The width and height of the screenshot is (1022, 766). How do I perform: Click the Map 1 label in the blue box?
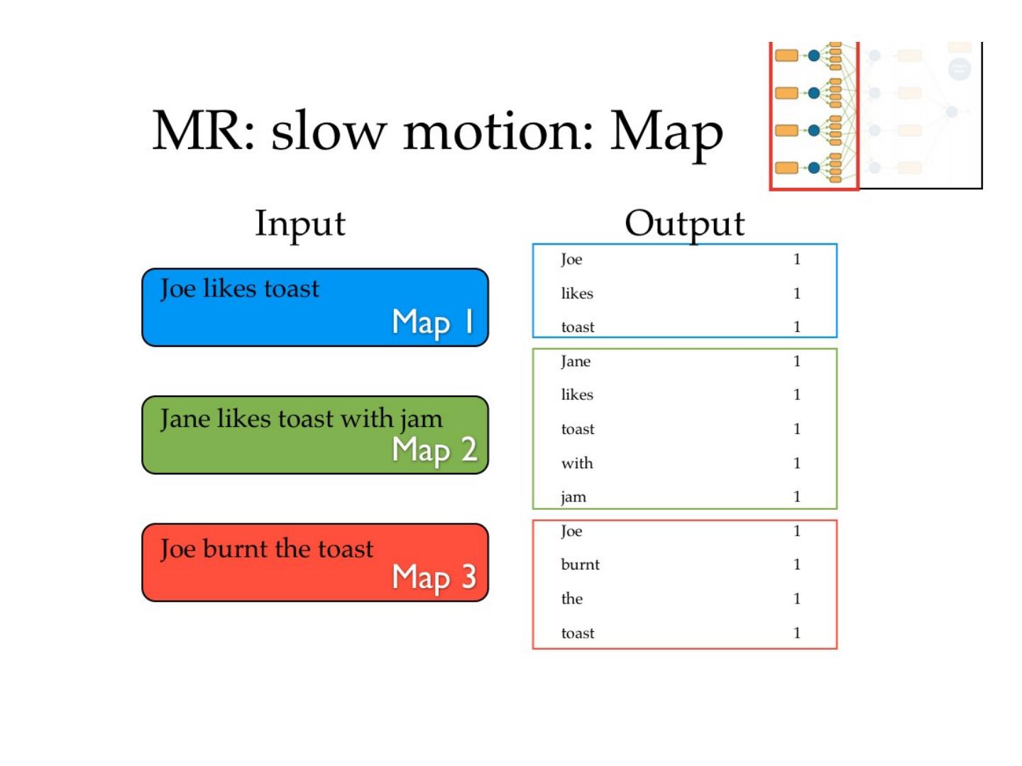tap(433, 323)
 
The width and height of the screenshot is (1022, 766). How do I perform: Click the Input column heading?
tap(300, 224)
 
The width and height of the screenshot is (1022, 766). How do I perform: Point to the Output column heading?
tap(684, 224)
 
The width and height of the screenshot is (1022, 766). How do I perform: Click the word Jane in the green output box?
tap(576, 362)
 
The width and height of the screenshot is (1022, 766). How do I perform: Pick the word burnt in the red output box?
tap(580, 565)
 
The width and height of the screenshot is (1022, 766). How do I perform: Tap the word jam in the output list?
tap(573, 497)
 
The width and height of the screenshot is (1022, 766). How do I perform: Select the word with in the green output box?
tap(577, 463)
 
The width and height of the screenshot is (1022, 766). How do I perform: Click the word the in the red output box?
tap(572, 599)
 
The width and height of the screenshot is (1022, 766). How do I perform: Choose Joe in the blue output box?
tap(571, 260)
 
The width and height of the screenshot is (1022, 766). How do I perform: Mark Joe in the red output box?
tap(571, 531)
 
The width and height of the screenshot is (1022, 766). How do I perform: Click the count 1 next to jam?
tap(797, 496)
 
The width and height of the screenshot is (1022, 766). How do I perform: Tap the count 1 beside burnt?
tap(797, 565)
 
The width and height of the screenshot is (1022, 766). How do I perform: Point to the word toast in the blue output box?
tap(578, 327)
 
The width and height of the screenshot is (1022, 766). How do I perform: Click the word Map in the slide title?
tap(666, 132)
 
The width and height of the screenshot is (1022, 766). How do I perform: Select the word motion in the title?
tap(498, 132)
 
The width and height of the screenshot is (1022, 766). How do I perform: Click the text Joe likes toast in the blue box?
tap(240, 289)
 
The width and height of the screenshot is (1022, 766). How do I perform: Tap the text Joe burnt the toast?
tap(267, 549)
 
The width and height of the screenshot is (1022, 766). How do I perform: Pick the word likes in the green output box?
tap(577, 395)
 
